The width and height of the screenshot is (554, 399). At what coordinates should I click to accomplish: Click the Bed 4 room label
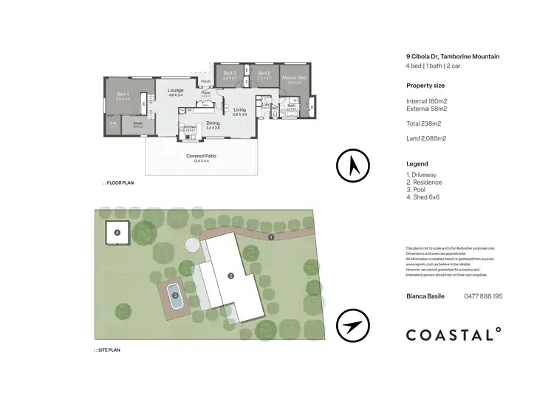[123, 94]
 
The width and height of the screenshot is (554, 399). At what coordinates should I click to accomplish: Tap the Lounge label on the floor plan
[175, 90]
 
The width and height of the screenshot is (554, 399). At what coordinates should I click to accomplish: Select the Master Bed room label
[293, 78]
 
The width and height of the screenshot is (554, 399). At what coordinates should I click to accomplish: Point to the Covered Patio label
[201, 157]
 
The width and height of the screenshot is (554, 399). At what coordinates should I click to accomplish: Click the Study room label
[137, 123]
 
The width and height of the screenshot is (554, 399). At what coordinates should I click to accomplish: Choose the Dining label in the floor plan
[213, 123]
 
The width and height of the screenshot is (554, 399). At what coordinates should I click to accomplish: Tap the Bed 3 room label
[229, 73]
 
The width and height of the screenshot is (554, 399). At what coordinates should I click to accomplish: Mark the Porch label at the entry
[206, 81]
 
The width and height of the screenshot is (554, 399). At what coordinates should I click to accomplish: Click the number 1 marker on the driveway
[271, 237]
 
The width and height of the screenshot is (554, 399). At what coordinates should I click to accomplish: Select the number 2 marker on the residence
[231, 276]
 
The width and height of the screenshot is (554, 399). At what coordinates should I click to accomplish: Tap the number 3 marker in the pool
[175, 294]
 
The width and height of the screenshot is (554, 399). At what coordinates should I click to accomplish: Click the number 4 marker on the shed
[117, 233]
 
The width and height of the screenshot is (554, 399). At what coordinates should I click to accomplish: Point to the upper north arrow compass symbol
[352, 166]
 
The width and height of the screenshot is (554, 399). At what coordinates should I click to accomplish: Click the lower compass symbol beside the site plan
[352, 327]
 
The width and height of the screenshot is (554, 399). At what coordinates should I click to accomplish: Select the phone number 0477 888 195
[482, 296]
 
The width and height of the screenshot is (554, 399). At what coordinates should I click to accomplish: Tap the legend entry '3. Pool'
[420, 189]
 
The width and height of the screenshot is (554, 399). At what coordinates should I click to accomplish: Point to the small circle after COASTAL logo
[499, 330]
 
